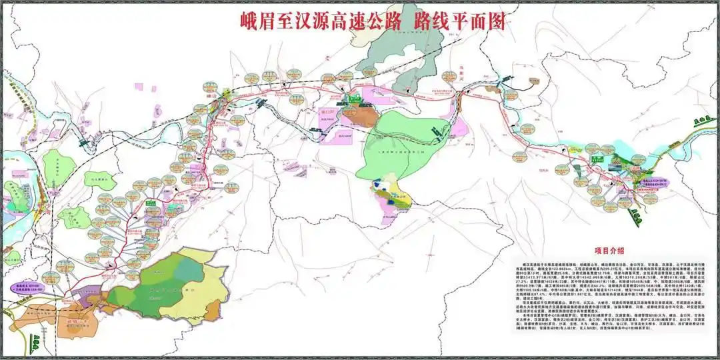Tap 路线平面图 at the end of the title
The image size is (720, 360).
tap(460, 21)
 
